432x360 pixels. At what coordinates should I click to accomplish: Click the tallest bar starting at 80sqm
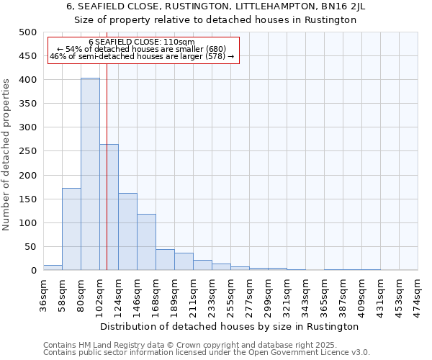point(90,174)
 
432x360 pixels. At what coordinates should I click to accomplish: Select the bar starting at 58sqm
point(71,229)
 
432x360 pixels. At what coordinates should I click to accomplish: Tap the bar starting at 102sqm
point(109,207)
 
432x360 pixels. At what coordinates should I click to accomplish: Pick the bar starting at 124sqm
point(127,232)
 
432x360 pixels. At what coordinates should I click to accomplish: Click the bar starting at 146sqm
point(146,242)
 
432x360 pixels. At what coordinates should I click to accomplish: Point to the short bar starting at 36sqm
point(53,267)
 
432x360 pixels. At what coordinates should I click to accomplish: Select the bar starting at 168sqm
point(165,260)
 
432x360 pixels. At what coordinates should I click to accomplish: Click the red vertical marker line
point(107,180)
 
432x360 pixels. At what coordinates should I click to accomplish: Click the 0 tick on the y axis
point(33,271)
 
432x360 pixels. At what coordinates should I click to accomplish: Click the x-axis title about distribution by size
point(230,326)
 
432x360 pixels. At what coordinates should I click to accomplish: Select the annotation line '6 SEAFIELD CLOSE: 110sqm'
point(142,42)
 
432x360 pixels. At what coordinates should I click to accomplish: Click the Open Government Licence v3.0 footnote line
point(207,353)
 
